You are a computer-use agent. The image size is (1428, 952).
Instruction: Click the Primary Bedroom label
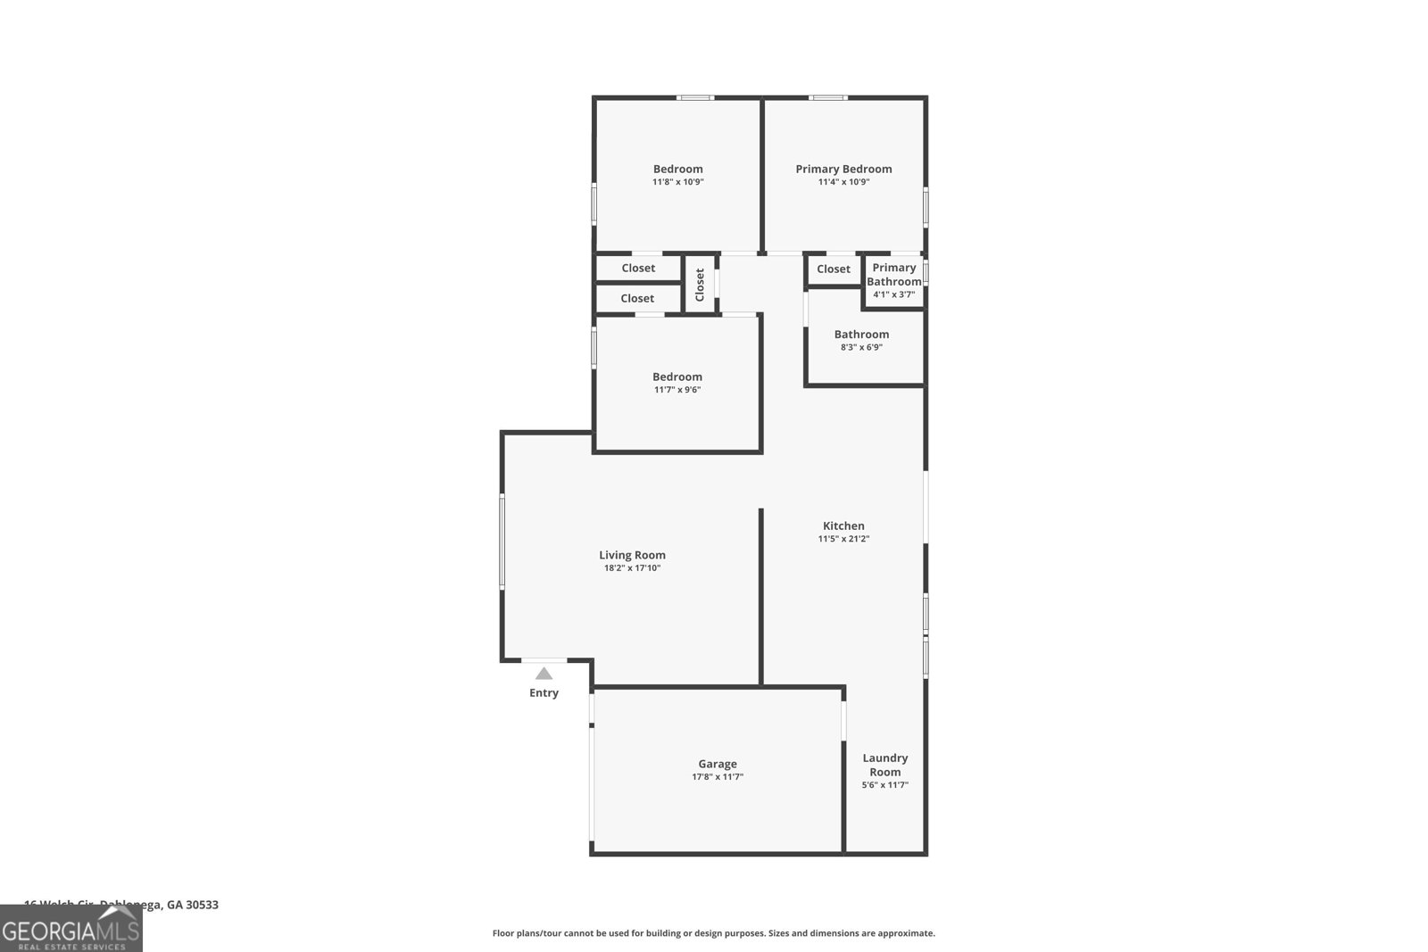pos(843,169)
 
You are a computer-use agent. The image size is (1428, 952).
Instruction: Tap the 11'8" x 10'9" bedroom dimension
pos(677,182)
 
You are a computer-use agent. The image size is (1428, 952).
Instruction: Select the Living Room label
pos(632,555)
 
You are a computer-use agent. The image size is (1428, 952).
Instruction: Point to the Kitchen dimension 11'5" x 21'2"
pos(843,539)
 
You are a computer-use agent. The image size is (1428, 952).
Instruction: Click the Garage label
pos(718,764)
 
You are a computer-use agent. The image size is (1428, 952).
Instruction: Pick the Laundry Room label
pos(884,765)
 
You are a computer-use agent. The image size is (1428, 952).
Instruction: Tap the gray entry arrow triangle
pos(544,674)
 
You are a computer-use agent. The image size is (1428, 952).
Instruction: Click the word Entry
pos(544,693)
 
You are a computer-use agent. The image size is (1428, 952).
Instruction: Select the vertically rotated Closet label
pos(700,285)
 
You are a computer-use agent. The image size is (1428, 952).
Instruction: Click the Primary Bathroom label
pos(893,274)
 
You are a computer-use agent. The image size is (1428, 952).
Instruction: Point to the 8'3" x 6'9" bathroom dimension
pos(861,347)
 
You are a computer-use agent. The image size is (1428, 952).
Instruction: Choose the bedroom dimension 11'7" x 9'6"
pos(677,390)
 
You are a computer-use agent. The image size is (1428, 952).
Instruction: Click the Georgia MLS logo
pos(71,929)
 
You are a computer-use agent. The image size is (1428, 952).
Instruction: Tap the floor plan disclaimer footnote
pos(713,933)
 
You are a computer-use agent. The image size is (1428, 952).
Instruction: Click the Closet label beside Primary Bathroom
pos(834,269)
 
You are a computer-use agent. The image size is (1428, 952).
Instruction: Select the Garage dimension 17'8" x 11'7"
pos(718,777)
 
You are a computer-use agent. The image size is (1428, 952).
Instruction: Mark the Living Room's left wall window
pos(502,542)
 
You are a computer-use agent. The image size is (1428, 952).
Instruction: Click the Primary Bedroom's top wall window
pos(828,97)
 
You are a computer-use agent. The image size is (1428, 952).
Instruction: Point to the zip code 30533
pos(202,905)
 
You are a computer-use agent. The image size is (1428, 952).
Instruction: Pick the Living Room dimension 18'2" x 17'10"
pos(632,568)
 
